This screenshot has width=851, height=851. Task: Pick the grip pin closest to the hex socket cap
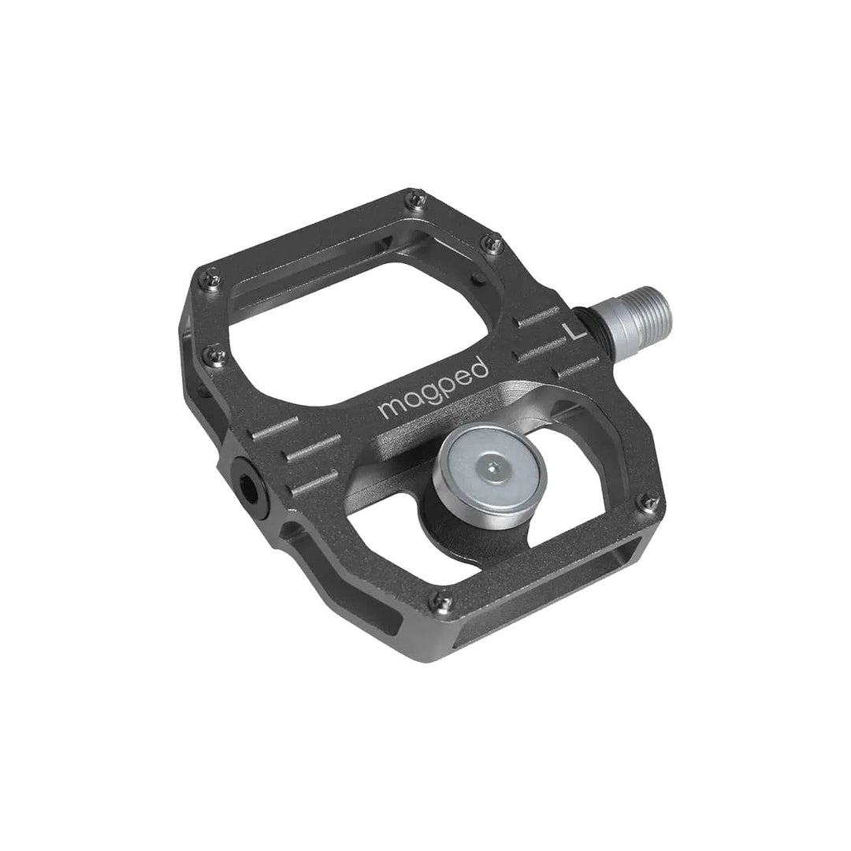click(209, 352)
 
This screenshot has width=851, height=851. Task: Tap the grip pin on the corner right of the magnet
click(648, 497)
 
